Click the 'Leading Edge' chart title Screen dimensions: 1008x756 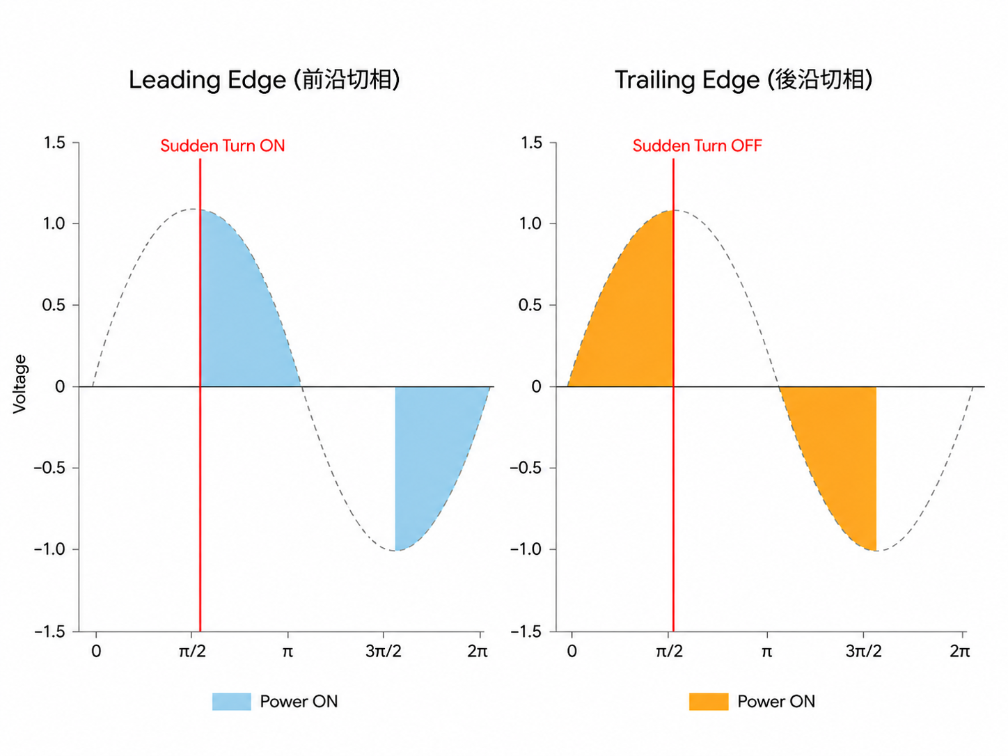click(264, 80)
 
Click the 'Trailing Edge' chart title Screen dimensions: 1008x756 click(743, 80)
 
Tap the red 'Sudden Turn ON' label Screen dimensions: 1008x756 click(223, 145)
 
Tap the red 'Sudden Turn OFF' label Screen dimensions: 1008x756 click(697, 145)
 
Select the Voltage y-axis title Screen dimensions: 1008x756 click(19, 384)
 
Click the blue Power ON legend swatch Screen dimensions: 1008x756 click(231, 702)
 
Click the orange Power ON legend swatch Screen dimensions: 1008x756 click(709, 702)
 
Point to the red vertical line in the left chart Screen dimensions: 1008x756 click(200, 395)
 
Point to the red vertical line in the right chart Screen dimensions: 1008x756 click(673, 395)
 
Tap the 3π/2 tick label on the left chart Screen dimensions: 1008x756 click(384, 651)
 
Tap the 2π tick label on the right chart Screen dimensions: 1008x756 click(960, 651)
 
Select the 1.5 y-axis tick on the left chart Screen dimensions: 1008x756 click(55, 143)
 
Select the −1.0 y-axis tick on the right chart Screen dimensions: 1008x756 click(527, 549)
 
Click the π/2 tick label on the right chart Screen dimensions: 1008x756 click(669, 651)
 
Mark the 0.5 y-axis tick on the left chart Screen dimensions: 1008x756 click(54, 305)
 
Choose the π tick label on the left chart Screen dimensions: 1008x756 click(288, 652)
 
